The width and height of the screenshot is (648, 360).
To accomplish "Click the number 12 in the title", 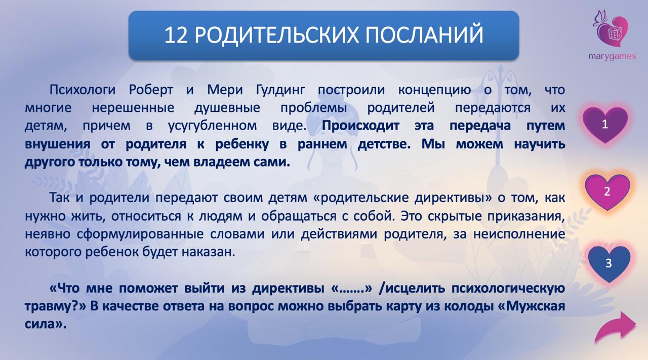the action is pyautogui.click(x=176, y=35).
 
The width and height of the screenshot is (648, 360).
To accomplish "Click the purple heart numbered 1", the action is pyautogui.click(x=605, y=125).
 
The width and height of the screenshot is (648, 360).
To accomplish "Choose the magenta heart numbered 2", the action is pyautogui.click(x=607, y=191).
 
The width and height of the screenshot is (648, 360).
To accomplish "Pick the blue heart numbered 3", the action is pyautogui.click(x=609, y=263).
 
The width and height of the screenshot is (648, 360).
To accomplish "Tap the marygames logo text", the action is pyautogui.click(x=612, y=56).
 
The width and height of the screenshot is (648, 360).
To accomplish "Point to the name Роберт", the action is pyautogui.click(x=151, y=90).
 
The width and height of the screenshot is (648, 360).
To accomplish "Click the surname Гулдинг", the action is pyautogui.click(x=280, y=91).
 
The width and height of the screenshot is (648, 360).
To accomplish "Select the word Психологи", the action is pyautogui.click(x=83, y=90).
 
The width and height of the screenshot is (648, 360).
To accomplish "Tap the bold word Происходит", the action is pyautogui.click(x=360, y=126).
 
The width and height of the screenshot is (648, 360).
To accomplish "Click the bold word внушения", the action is pyautogui.click(x=57, y=144).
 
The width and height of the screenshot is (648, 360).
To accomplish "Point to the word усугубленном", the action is pyautogui.click(x=212, y=126).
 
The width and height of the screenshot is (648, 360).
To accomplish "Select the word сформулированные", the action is pyautogui.click(x=140, y=234).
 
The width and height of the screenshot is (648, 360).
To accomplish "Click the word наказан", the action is pyautogui.click(x=208, y=252).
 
